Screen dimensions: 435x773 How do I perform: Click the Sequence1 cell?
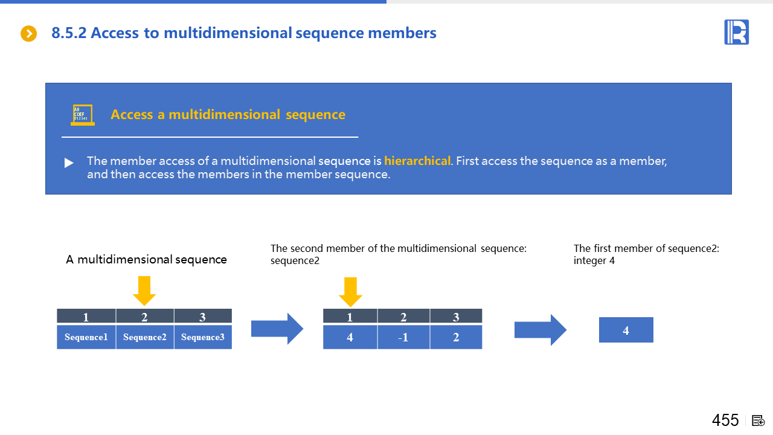click(x=86, y=337)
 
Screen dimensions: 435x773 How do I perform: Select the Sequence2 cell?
click(x=145, y=337)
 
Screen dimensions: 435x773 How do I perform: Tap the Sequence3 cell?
click(x=203, y=337)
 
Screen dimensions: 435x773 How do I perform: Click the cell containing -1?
click(x=403, y=337)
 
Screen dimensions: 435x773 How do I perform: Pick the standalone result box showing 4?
click(x=626, y=330)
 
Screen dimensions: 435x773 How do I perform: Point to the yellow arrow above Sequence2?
click(x=144, y=291)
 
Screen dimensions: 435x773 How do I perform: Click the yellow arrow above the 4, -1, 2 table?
click(x=350, y=292)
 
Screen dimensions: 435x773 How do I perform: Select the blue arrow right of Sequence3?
click(x=277, y=329)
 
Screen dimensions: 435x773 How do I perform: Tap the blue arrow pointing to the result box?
click(x=540, y=330)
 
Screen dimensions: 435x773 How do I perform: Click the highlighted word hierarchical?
click(x=417, y=161)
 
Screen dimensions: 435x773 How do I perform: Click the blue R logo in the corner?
click(x=736, y=32)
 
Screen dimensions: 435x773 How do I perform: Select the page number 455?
click(x=725, y=420)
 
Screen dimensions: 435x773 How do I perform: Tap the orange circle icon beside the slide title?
click(x=29, y=33)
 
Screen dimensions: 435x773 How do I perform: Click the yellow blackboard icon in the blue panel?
click(x=82, y=115)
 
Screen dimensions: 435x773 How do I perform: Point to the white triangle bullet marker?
click(x=69, y=163)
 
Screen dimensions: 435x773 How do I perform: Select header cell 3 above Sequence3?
click(x=202, y=317)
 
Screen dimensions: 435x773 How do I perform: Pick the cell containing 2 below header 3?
click(x=456, y=337)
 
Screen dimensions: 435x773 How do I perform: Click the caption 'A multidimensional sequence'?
click(x=146, y=260)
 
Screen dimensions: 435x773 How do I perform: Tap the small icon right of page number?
click(x=759, y=420)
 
